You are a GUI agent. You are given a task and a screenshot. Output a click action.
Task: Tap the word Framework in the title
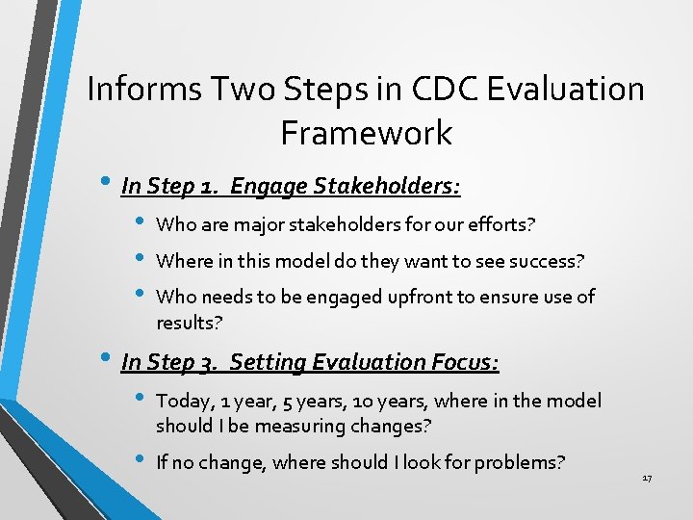(x=366, y=133)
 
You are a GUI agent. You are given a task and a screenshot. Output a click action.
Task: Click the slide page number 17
(x=647, y=479)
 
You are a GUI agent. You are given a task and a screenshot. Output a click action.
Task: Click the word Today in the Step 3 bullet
(x=181, y=401)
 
